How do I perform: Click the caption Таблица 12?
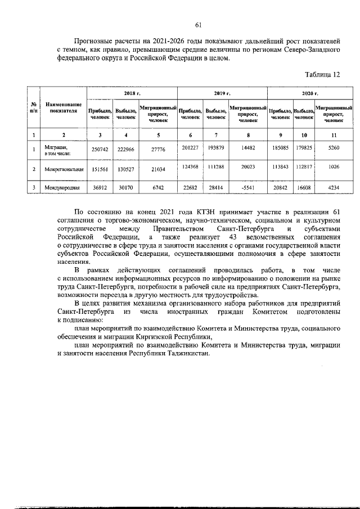[322, 75]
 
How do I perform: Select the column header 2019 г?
[222, 93]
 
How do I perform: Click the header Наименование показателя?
[63, 108]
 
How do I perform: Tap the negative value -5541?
[247, 188]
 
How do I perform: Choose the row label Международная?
[62, 188]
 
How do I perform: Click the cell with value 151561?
[100, 169]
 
